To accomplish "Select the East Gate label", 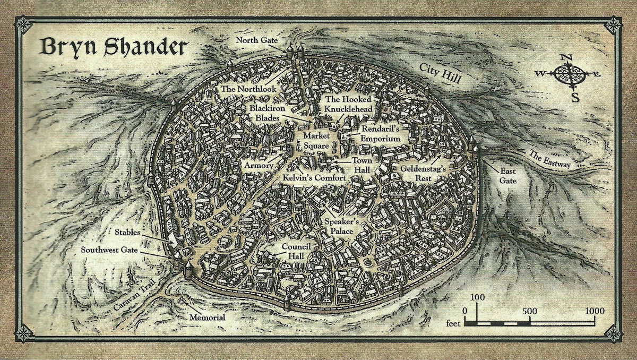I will (x=507, y=176).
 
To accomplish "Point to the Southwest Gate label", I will (x=114, y=249).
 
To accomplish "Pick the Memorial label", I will (x=207, y=318).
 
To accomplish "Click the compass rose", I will (x=569, y=75).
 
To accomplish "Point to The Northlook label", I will (x=248, y=89).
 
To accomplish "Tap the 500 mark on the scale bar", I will (x=529, y=311).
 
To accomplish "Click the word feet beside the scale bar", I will (x=452, y=323).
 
